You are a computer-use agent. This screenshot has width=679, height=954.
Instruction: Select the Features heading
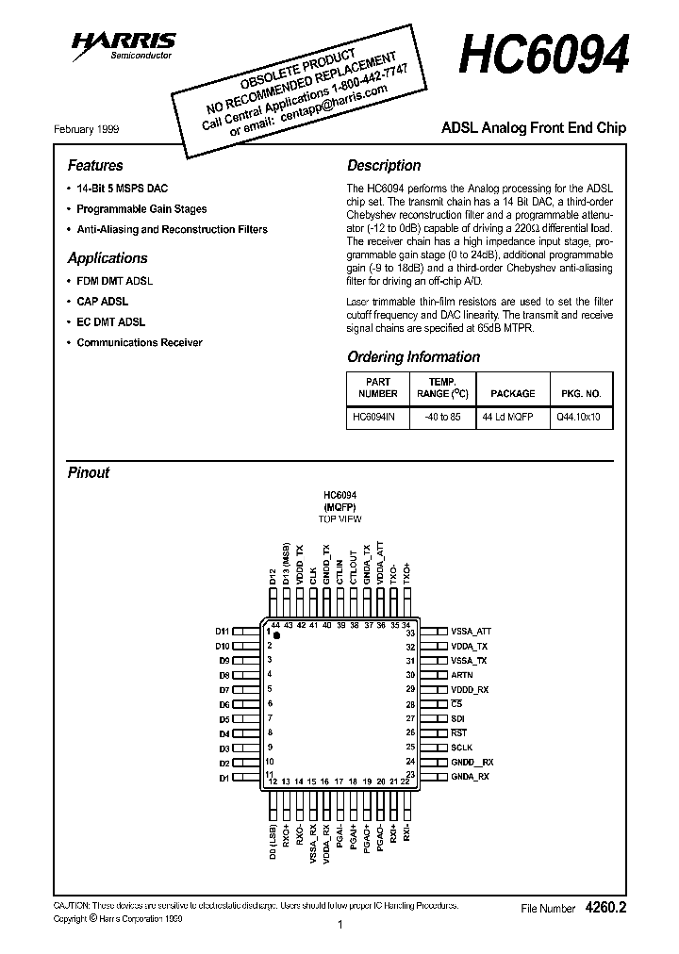95,165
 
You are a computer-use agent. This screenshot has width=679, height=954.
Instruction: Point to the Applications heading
108,257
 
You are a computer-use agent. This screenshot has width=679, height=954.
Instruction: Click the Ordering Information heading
413,357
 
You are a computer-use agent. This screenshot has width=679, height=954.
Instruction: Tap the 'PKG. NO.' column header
580,393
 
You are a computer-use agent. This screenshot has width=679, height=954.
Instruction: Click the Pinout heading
89,472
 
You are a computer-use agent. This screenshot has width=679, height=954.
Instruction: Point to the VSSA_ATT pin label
472,632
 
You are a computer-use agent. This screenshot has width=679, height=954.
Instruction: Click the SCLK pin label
462,747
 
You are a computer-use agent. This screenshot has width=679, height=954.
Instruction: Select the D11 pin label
223,632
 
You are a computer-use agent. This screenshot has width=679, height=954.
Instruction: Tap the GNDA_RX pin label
470,776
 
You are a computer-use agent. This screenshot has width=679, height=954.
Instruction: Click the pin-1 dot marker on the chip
277,636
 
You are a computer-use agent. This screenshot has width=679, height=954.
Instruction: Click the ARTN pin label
462,675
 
